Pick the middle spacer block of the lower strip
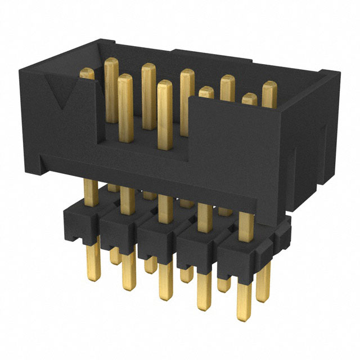pyautogui.click(x=157, y=231)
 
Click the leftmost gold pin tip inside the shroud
pyautogui.click(x=87, y=73)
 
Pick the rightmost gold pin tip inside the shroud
pyautogui.click(x=269, y=87)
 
